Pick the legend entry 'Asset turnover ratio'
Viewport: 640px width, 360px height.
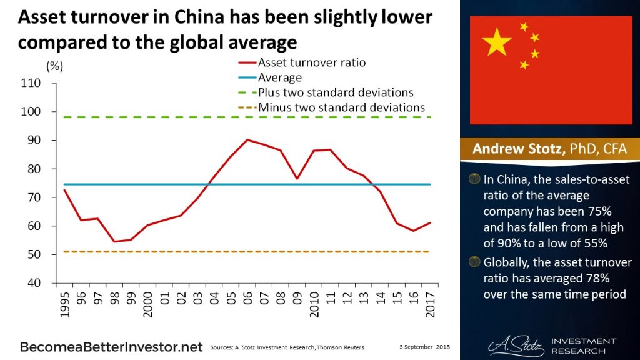click(x=311, y=62)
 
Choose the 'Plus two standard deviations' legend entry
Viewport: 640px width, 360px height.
click(x=336, y=92)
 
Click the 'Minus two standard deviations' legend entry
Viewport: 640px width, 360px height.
click(x=341, y=107)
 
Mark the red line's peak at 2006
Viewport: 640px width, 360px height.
click(x=247, y=140)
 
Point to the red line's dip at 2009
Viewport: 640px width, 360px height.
click(x=297, y=179)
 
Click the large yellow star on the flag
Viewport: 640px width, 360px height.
click(x=497, y=41)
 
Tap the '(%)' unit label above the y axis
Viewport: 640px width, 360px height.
click(x=54, y=65)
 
